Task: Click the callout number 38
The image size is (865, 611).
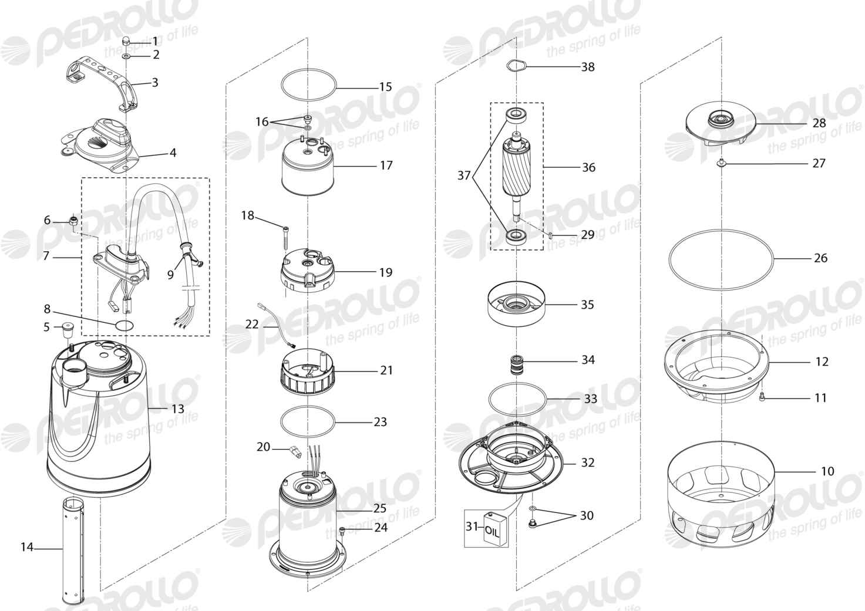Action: pyautogui.click(x=588, y=67)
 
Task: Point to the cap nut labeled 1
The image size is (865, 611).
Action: pyautogui.click(x=126, y=41)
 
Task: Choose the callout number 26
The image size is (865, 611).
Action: pyautogui.click(x=820, y=258)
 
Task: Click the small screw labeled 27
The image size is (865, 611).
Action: pyautogui.click(x=721, y=163)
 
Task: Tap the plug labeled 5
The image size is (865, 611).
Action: pyautogui.click(x=68, y=331)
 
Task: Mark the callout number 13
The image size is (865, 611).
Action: pyautogui.click(x=177, y=409)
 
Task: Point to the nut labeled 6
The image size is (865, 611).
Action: pyautogui.click(x=72, y=221)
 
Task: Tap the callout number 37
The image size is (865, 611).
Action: pyautogui.click(x=464, y=175)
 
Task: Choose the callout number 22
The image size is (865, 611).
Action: pyautogui.click(x=252, y=324)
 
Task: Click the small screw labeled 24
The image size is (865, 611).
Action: pyautogui.click(x=342, y=531)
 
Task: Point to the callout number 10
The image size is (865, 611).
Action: pyautogui.click(x=827, y=471)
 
